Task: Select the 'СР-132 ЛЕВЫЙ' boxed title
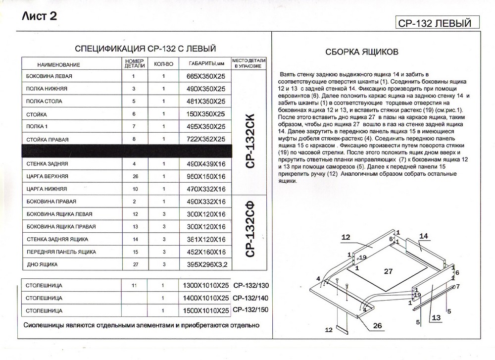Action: [432, 23]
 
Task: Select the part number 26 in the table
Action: [134, 176]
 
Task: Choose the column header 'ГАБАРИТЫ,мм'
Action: [207, 64]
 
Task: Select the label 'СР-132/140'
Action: [250, 298]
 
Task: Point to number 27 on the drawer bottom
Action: [388, 271]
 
